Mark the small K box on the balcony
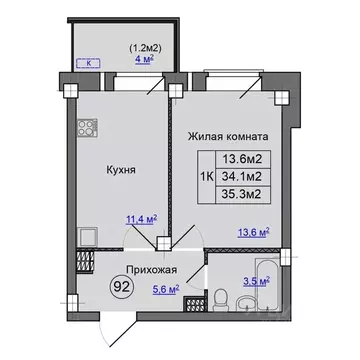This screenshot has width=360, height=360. click(x=91, y=64)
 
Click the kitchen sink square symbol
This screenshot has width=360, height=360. click(x=85, y=239)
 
